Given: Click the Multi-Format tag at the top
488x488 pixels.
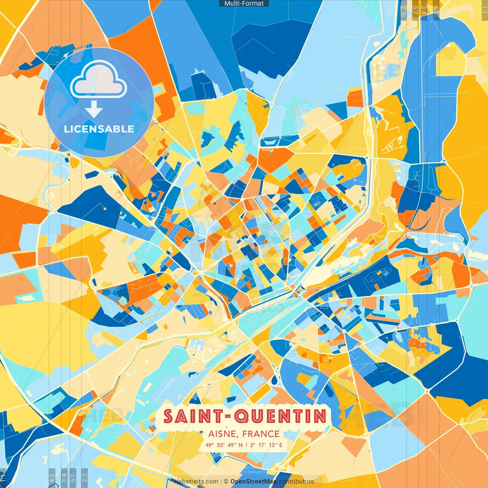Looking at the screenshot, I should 244,3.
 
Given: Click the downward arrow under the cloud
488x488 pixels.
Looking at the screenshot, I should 94,110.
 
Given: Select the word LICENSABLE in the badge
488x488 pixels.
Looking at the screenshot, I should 99,129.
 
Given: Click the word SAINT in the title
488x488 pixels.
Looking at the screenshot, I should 193,416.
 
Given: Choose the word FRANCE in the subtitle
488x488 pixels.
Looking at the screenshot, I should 261,434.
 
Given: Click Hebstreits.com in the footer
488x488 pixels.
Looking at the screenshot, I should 196,482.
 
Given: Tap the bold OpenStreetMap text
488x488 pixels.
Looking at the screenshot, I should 254,482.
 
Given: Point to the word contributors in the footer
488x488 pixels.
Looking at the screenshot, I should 296,482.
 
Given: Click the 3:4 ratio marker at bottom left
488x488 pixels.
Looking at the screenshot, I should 64,478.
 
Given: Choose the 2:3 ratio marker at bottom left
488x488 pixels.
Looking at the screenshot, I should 85,478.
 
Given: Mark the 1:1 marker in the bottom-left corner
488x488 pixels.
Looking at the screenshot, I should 3,478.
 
